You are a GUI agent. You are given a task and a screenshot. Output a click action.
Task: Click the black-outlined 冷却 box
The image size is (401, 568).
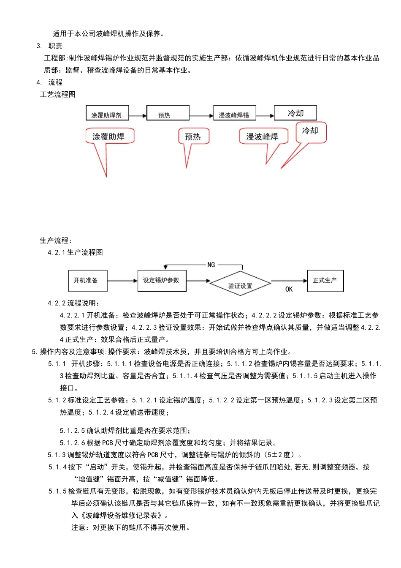pos(295,113)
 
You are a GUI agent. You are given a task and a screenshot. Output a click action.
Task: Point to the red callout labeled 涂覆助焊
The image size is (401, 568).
pos(109,137)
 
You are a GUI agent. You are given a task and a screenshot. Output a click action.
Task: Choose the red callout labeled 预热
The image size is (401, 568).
pos(193,137)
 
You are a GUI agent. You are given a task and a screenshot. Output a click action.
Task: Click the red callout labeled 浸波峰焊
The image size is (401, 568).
pos(263,137)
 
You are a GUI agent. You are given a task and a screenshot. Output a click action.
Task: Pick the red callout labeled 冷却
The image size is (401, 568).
pos(311,131)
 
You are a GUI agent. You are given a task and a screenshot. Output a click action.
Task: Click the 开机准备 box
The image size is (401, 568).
pos(88,281)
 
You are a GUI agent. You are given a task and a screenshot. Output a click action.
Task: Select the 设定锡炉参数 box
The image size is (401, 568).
pos(162,280)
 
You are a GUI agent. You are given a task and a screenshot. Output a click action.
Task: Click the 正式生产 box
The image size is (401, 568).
pos(325,280)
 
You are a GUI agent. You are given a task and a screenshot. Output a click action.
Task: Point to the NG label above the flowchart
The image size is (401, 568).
pos(211,265)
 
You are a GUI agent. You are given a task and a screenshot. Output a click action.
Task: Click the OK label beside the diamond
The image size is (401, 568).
pos(289,289)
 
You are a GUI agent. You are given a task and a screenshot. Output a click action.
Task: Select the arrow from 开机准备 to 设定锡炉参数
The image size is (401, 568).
pos(122,281)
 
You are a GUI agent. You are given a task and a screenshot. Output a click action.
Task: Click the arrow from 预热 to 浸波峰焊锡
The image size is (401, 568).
pos(201,115)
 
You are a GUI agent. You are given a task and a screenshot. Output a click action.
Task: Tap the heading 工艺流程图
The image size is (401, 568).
pos(58,95)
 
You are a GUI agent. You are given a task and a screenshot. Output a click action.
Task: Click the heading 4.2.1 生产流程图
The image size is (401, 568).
pos(75,253)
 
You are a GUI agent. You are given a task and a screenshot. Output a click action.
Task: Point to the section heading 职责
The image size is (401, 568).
pos(55,46)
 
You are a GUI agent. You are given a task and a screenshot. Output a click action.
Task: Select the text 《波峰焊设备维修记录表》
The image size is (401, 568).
pos(121,516)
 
